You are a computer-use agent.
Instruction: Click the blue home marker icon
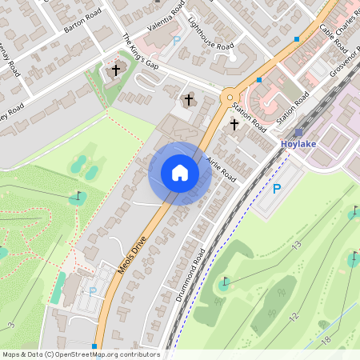tap(180, 173)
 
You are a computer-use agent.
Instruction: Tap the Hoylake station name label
tap(299, 144)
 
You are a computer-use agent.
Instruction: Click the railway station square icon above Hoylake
tap(298, 133)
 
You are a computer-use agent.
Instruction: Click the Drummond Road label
tap(190, 274)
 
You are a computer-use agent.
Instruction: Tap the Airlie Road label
tap(221, 169)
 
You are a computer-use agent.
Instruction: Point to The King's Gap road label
tap(141, 55)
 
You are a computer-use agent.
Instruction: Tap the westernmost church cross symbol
tap(115, 70)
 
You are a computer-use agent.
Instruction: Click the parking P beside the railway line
tap(277, 189)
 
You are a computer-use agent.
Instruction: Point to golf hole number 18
tap(325, 341)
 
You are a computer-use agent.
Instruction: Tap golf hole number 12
tap(293, 317)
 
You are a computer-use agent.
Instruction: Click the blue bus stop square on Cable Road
tap(297, 38)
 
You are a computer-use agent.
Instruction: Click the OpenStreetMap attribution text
tap(80, 354)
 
